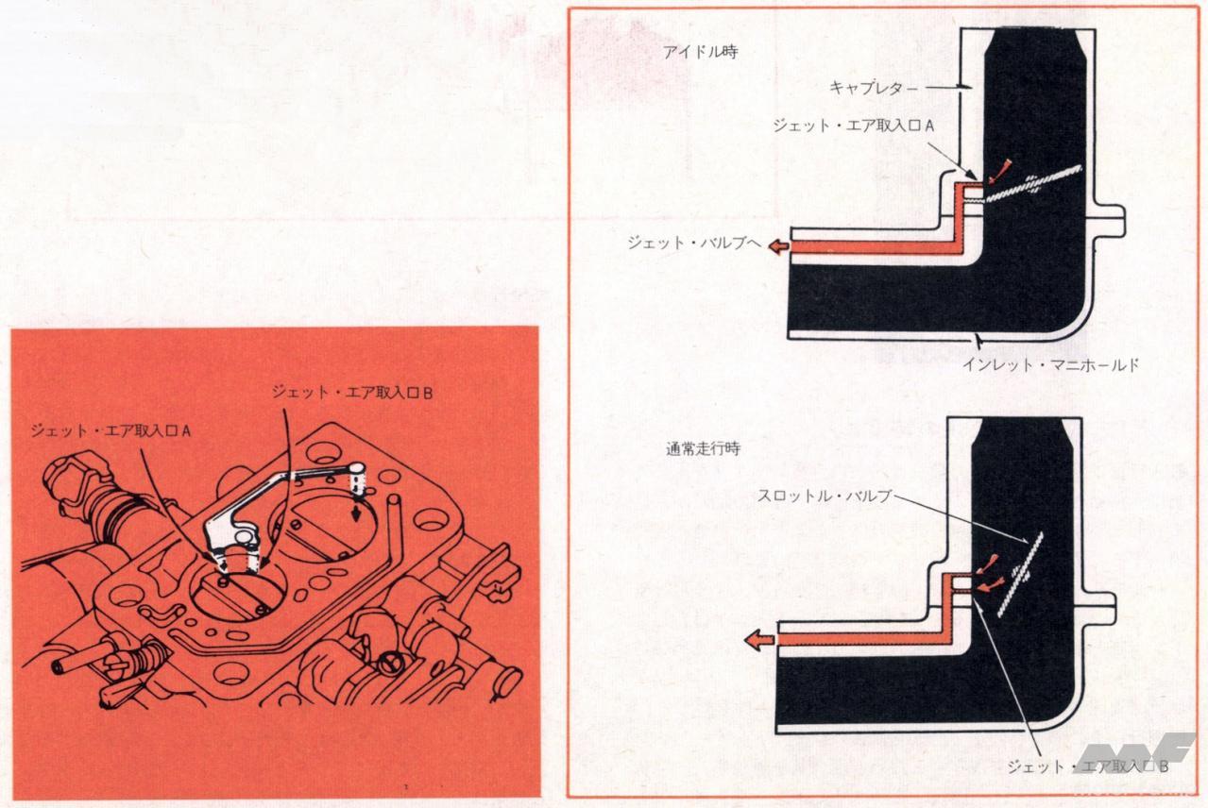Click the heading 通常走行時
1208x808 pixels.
[x=702, y=449]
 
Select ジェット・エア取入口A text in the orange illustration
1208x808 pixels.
[x=111, y=430]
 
